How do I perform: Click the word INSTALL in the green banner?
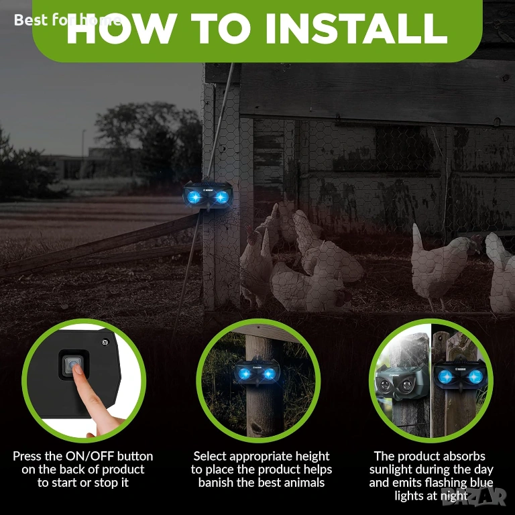pos(356,28)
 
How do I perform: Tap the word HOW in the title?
pos(120,28)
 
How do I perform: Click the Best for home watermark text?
pos(67,20)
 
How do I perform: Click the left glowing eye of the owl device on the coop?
pos(194,197)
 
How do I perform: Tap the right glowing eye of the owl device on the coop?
pos(221,197)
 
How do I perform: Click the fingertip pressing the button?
pos(78,369)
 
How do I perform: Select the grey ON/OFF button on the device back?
pos(72,365)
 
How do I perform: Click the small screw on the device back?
pos(105,342)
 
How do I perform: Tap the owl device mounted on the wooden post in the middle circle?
pos(257,372)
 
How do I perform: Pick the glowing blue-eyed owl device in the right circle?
pos(460,375)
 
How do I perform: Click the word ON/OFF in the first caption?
pos(90,456)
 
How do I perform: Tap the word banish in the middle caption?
pos(216,483)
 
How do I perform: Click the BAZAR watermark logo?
pos(474,496)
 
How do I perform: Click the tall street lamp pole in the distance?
pos(83,144)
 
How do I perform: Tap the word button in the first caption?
pos(135,456)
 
